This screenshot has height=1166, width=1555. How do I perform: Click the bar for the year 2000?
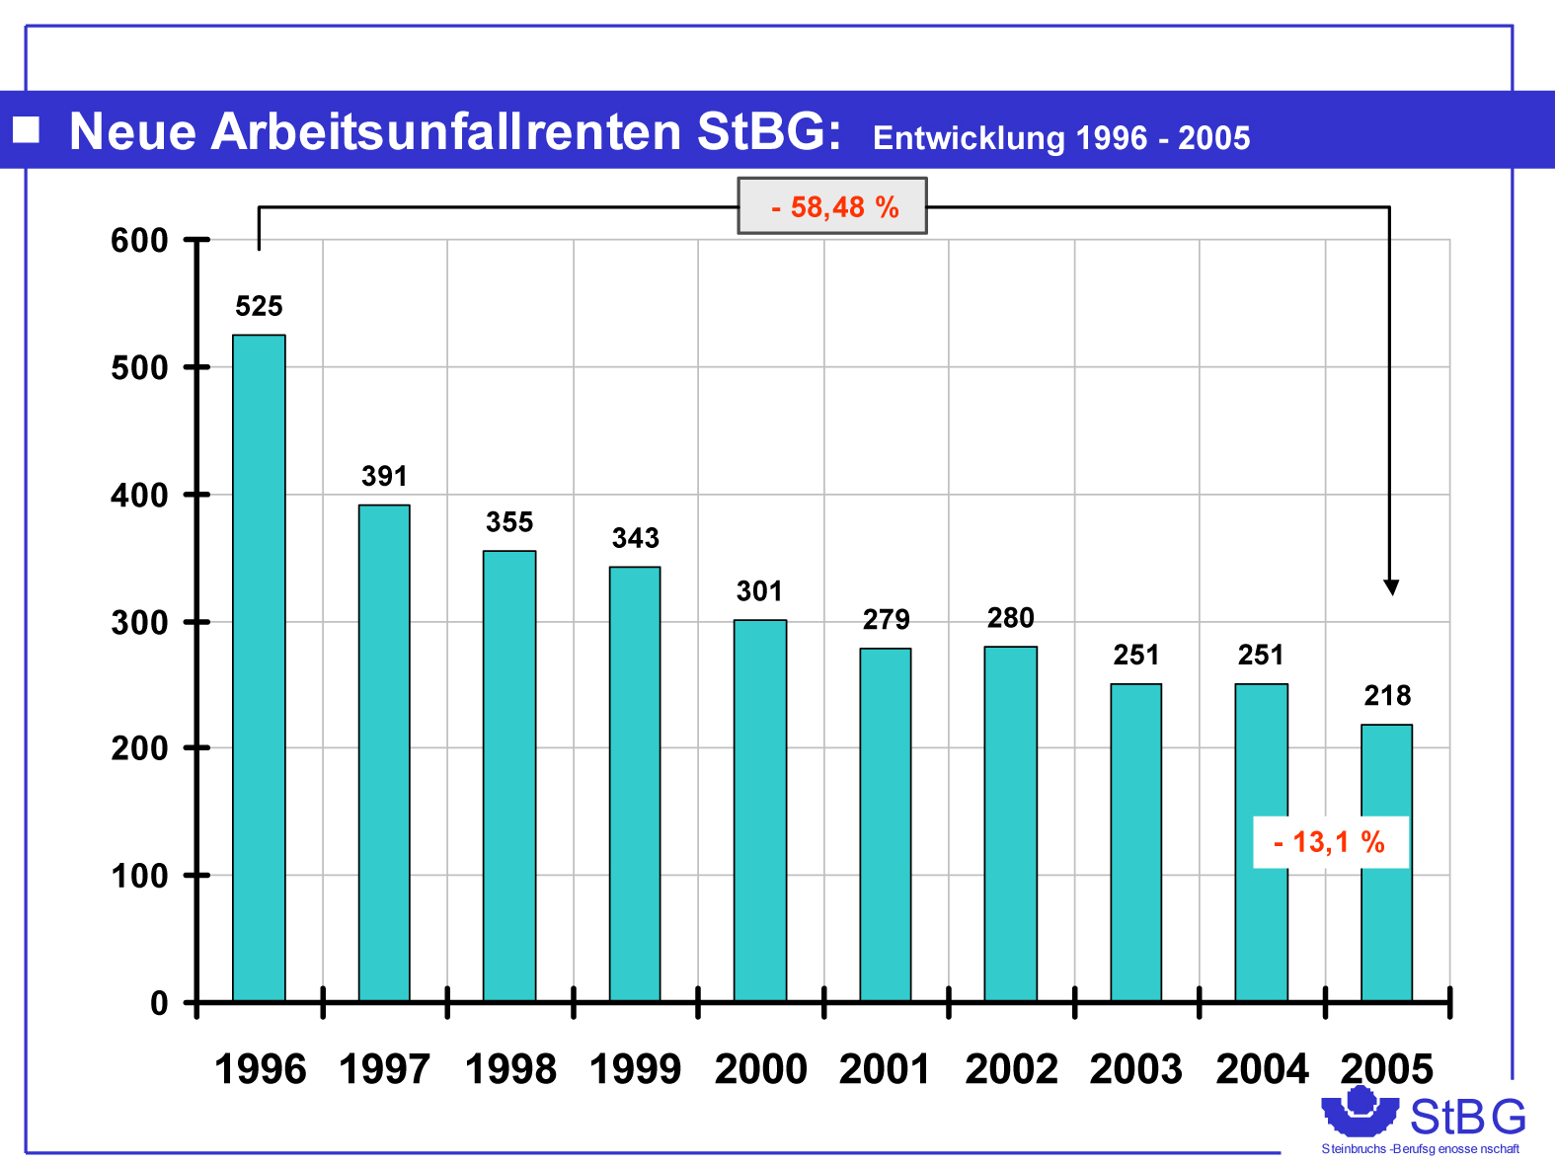759,810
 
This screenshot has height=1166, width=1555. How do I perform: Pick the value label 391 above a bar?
384,476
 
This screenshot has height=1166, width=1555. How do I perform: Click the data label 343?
635,538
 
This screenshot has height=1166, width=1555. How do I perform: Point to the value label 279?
886,620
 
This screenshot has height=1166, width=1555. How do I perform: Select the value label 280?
1010,618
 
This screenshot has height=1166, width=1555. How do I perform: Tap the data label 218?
1387,696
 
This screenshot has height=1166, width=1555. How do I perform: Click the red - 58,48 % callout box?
832,206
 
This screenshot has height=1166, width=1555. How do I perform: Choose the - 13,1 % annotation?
1330,842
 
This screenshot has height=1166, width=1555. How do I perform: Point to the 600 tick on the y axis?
139,240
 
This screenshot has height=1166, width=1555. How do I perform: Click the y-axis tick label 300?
139,622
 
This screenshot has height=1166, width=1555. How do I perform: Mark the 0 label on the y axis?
159,1004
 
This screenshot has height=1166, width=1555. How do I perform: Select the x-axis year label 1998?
510,1069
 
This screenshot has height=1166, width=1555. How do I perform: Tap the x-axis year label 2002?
1011,1069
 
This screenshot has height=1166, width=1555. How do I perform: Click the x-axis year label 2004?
1262,1069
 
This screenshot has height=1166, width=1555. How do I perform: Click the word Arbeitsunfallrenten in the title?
446,131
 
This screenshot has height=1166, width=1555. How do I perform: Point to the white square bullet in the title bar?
27,129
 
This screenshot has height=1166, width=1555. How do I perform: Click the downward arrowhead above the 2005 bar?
1391,587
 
